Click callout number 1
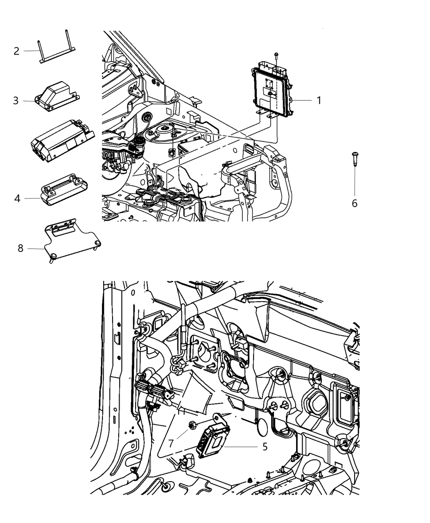pyautogui.click(x=319, y=100)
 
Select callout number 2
pyautogui.click(x=16, y=51)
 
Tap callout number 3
pyautogui.click(x=16, y=100)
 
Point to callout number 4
pyautogui.click(x=17, y=199)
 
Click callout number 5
pyautogui.click(x=265, y=446)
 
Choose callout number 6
pyautogui.click(x=355, y=203)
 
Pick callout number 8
pyautogui.click(x=20, y=248)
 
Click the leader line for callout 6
pyautogui.click(x=355, y=180)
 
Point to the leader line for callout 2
pyautogui.click(x=31, y=51)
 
